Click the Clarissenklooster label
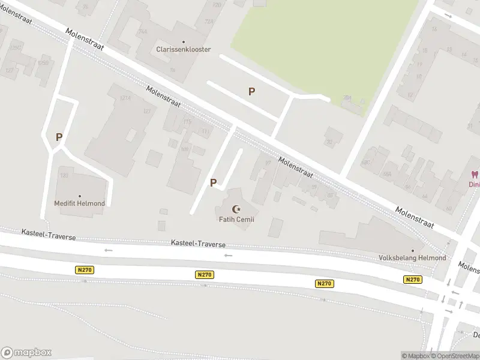pos(183,49)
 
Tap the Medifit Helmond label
pos(79,203)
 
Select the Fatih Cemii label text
pos(236,220)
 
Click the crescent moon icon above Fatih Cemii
pos(236,209)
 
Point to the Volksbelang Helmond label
pos(412,258)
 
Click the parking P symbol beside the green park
pos(252,91)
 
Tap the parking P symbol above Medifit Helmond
pos(59,137)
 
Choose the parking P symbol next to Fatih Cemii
pos(213,182)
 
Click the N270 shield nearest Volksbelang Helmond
pos(413,280)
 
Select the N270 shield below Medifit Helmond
pos(85,270)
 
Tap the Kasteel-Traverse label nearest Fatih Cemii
pos(198,244)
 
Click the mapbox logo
pos(26,352)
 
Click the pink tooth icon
pos(473,175)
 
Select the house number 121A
pos(125,97)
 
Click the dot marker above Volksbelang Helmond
pos(413,251)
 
